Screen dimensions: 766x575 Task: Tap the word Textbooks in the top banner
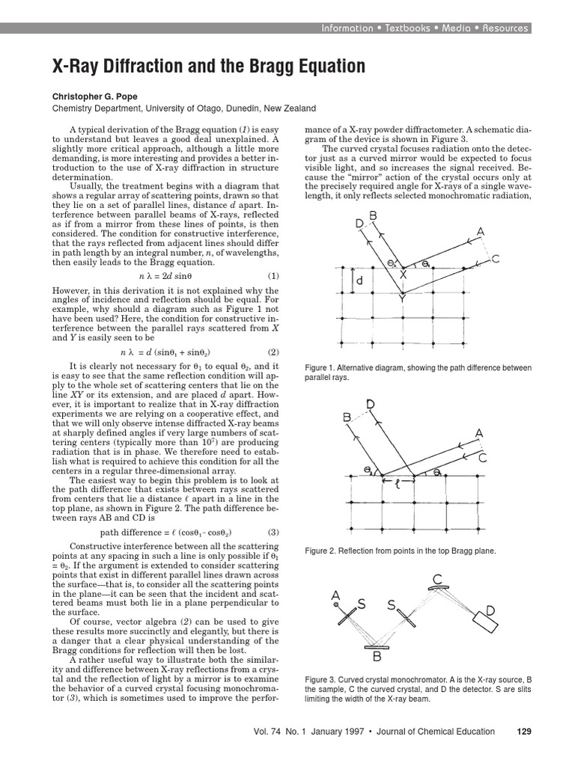point(408,28)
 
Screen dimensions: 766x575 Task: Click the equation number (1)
point(273,275)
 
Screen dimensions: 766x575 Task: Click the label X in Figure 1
point(404,275)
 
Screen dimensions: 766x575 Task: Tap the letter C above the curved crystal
point(436,579)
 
